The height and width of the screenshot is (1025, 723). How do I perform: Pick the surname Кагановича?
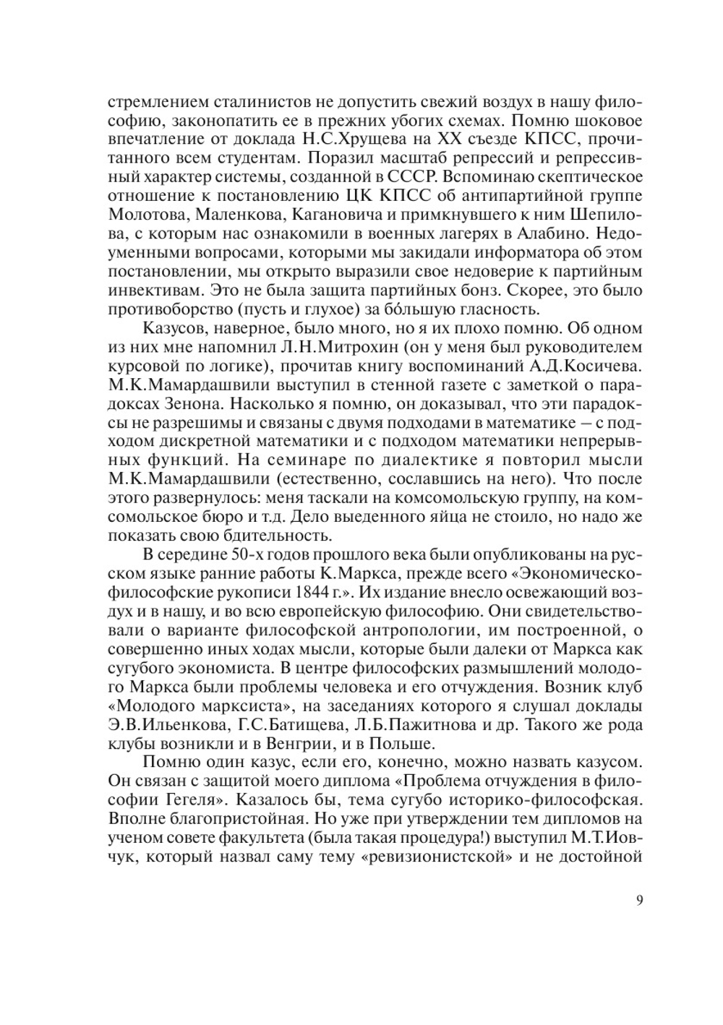[x=343, y=215]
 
